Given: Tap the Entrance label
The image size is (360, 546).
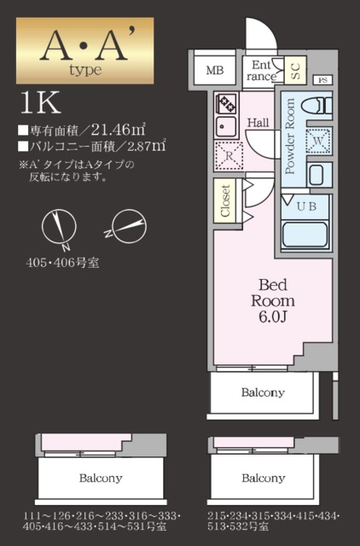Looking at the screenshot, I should tap(262, 70).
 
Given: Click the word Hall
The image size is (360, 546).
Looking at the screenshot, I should tap(258, 123).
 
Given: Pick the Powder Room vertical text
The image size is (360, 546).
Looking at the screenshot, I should tap(289, 136).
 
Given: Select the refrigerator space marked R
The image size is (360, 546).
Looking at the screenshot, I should tap(229, 156).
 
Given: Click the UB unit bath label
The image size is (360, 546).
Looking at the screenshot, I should tap(305, 206).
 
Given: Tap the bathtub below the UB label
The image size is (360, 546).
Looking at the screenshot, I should tap(304, 234).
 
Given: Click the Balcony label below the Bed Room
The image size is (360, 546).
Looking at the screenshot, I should tap(262, 393).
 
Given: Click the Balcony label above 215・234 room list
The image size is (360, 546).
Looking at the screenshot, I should tap(262, 478).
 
